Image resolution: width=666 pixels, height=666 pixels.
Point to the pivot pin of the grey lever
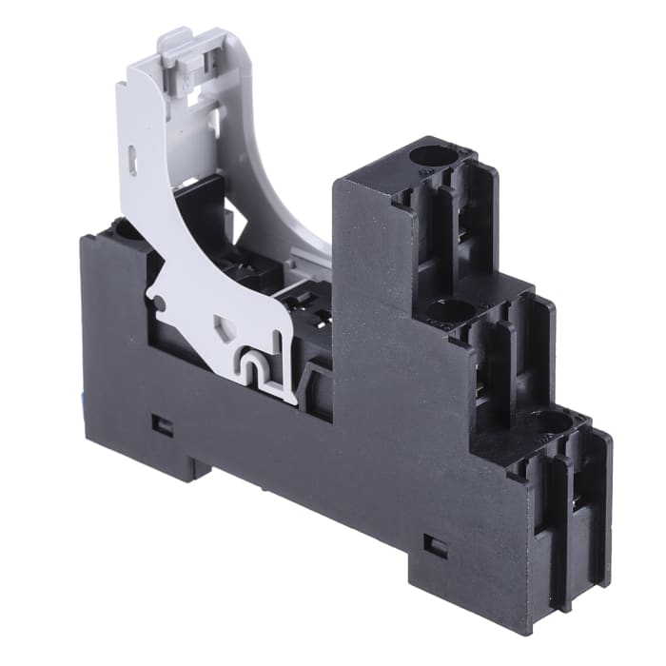pos(160,304)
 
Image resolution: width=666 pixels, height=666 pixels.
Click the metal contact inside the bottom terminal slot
pos(578,499)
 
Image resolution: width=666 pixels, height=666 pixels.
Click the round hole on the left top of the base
pos(122,228)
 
